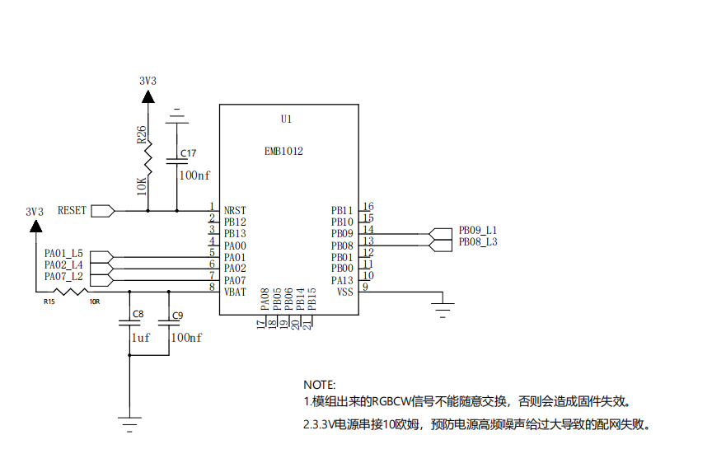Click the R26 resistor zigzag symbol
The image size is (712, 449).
[x=148, y=158]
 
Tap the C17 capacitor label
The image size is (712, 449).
[x=189, y=153]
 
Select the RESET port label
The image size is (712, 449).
[x=72, y=211]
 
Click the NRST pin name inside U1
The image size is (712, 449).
[x=235, y=211]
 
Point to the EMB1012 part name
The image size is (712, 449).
[x=283, y=152]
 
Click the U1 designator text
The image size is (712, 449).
[x=286, y=119]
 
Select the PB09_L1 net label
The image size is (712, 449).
[x=478, y=230]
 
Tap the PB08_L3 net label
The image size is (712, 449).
[x=478, y=242]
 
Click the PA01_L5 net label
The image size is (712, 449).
[x=63, y=253]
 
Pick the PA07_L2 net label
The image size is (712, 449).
[x=63, y=277]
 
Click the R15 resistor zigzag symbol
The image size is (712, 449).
[x=70, y=292]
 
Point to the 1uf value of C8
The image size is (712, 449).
[x=140, y=338]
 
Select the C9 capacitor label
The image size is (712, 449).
[x=177, y=316]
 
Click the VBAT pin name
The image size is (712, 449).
[x=235, y=292]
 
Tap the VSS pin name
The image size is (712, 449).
[x=344, y=292]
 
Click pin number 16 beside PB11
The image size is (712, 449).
[x=368, y=207]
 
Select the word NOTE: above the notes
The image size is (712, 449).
[x=319, y=385]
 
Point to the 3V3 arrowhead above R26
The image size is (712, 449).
[x=148, y=96]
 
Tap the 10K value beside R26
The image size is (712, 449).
[x=142, y=186]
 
